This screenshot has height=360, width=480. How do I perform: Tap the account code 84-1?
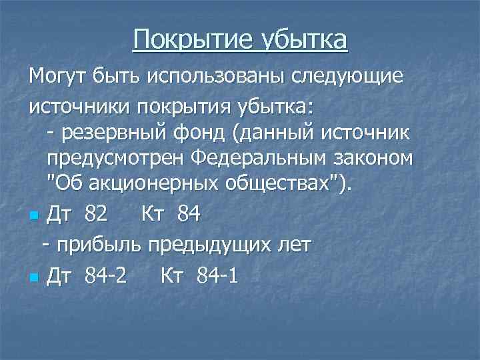[x=217, y=274]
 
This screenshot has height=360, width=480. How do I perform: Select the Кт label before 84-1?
[x=175, y=274]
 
